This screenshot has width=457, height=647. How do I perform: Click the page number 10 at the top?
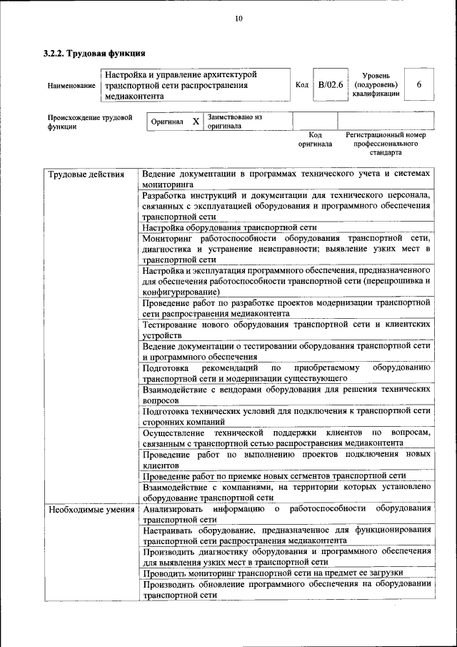pyautogui.click(x=238, y=19)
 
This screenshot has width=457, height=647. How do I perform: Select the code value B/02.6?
pyautogui.click(x=331, y=84)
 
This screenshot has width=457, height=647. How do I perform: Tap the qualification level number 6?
pyautogui.click(x=419, y=84)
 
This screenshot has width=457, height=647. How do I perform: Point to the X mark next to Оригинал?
pyautogui.click(x=196, y=122)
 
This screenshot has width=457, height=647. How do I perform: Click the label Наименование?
pyautogui.click(x=71, y=86)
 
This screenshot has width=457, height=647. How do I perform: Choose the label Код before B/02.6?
pyautogui.click(x=301, y=85)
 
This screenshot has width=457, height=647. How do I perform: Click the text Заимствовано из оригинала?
pyautogui.click(x=235, y=121)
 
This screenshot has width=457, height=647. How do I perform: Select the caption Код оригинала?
pyautogui.click(x=315, y=139)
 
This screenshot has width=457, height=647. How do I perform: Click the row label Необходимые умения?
pyautogui.click(x=91, y=510)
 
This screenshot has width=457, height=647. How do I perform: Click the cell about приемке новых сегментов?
pyautogui.click(x=274, y=475)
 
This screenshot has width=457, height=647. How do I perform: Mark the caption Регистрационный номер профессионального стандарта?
pyautogui.click(x=386, y=143)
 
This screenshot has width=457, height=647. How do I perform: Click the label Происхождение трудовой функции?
pyautogui.click(x=90, y=122)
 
